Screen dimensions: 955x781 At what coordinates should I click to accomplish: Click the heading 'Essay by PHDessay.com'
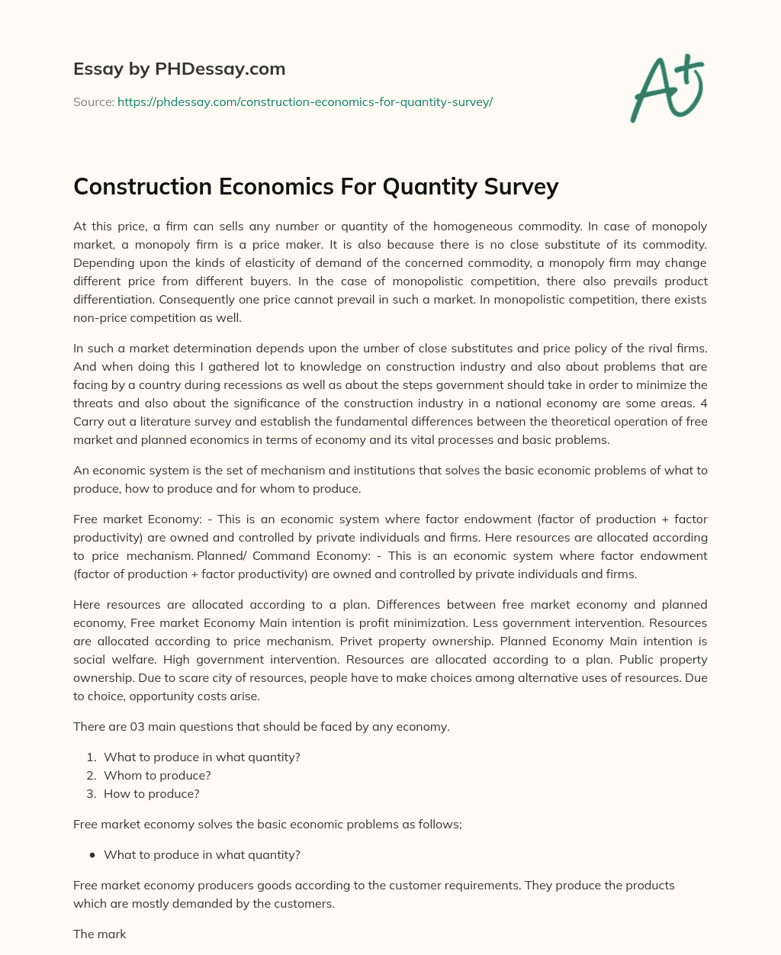point(179,69)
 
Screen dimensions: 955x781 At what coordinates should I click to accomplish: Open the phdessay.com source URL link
point(305,101)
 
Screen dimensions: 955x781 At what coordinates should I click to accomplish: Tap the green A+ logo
point(667,88)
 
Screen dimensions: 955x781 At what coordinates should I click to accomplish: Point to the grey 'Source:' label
point(94,101)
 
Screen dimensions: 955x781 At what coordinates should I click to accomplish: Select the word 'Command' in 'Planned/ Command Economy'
point(281,556)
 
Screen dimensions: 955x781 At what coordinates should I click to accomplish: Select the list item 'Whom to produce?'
point(157,776)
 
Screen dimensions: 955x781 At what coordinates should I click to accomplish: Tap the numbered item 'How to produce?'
point(151,794)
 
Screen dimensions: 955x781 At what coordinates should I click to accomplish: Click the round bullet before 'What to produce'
point(92,855)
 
